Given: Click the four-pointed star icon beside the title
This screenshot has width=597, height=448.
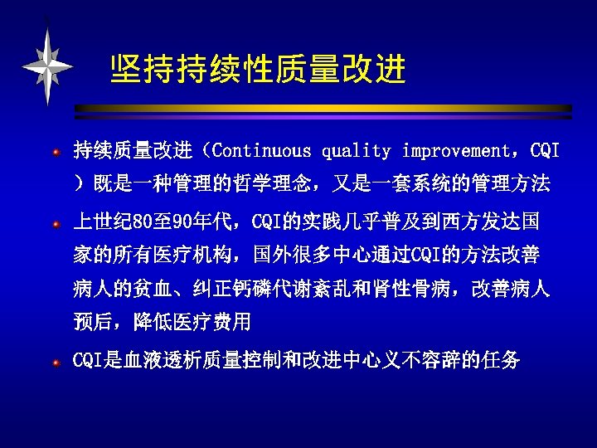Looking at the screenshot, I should (x=47, y=66).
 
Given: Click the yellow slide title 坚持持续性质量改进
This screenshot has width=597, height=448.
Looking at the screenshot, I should (x=258, y=71).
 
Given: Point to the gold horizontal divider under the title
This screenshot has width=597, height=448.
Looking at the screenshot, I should (x=323, y=108).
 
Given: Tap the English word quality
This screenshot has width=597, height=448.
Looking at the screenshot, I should (x=356, y=152).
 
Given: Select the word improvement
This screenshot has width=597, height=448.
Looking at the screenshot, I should (x=457, y=152).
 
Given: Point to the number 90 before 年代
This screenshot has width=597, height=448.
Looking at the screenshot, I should (x=184, y=222).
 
